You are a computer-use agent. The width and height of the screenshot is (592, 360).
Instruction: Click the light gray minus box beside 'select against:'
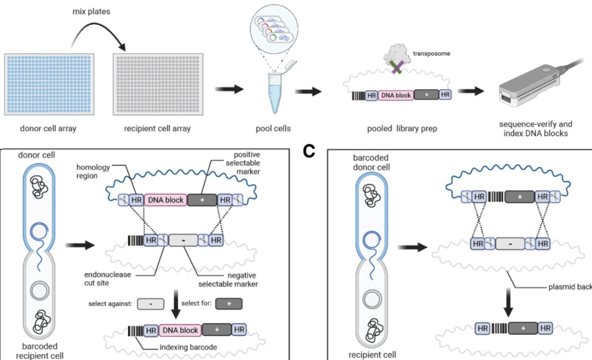click(151, 304)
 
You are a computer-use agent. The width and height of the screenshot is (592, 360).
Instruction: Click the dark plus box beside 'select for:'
click(230, 304)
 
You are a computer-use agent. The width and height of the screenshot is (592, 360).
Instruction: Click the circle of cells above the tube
click(277, 27)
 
